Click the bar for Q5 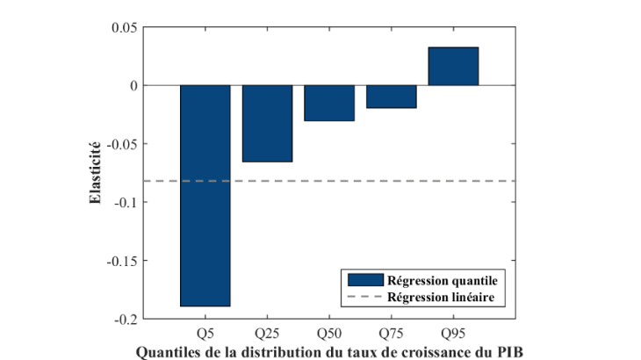pos(205,195)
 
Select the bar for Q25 pos(267,123)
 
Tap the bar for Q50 pos(329,103)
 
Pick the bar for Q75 pos(391,97)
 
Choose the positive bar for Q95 pos(453,66)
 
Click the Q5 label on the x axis pos(205,334)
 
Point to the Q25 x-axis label pos(267,334)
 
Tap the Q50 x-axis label pos(329,334)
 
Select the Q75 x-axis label pos(391,334)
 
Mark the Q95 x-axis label pos(453,334)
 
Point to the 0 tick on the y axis pos(134,85)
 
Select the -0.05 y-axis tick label pos(124,144)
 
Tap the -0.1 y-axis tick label pos(127,202)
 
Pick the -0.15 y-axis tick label pos(124,261)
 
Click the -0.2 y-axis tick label pos(127,319)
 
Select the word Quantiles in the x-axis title pos(166,352)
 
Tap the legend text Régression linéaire pos(445,298)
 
